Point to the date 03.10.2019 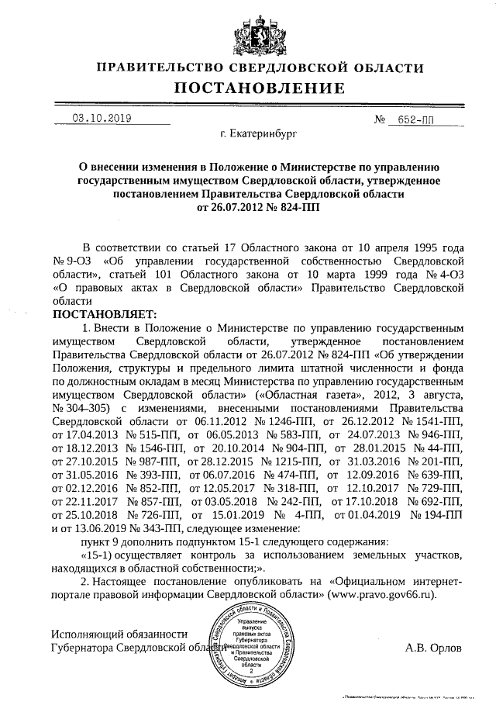pos(102,119)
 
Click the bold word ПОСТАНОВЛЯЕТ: pos(104,314)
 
